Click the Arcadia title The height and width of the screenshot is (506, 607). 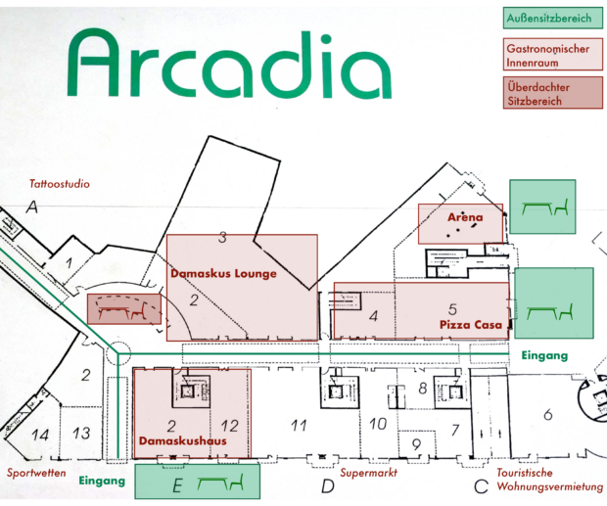(x=229, y=65)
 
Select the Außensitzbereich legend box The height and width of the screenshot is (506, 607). (x=553, y=18)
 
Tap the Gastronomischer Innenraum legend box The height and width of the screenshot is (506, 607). (x=553, y=54)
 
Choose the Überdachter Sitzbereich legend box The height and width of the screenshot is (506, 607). (x=553, y=93)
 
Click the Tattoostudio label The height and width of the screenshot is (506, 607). (x=60, y=184)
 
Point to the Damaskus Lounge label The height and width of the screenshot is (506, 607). (x=224, y=273)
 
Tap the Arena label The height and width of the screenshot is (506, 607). (x=465, y=217)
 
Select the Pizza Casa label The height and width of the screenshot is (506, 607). (x=471, y=325)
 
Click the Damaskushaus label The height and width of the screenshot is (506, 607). (x=183, y=441)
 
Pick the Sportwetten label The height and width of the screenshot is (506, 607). (x=36, y=473)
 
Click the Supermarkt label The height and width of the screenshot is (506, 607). (x=369, y=473)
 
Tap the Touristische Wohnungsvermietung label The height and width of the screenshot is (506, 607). (x=549, y=480)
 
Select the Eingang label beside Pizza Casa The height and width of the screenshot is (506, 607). (x=544, y=355)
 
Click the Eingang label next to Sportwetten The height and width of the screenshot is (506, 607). (x=102, y=481)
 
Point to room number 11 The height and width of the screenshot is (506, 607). (x=299, y=426)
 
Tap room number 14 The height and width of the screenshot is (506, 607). (x=40, y=435)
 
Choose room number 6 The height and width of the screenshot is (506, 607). (x=548, y=415)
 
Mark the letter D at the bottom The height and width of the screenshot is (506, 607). (x=328, y=486)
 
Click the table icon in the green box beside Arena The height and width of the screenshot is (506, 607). (x=537, y=208)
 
